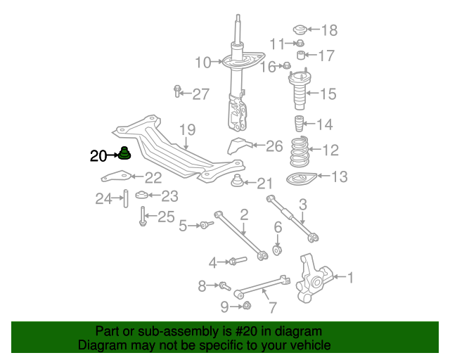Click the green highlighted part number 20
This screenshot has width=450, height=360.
(124, 153)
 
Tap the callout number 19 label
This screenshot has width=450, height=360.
(186, 129)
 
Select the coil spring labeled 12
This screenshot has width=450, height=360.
(299, 148)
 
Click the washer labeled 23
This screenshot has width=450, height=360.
(141, 195)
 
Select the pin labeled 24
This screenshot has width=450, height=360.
(124, 199)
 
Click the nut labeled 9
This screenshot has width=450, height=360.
(247, 305)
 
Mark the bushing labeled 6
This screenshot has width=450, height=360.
(278, 249)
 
